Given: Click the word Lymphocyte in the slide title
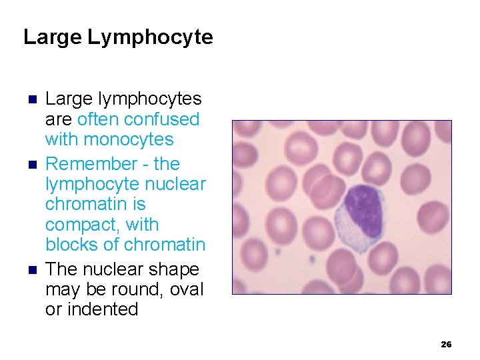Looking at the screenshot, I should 150,37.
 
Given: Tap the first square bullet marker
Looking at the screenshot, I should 31,100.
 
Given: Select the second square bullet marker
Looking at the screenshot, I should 31,164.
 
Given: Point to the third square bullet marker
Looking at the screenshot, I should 31,270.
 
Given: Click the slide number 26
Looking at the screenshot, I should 446,344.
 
